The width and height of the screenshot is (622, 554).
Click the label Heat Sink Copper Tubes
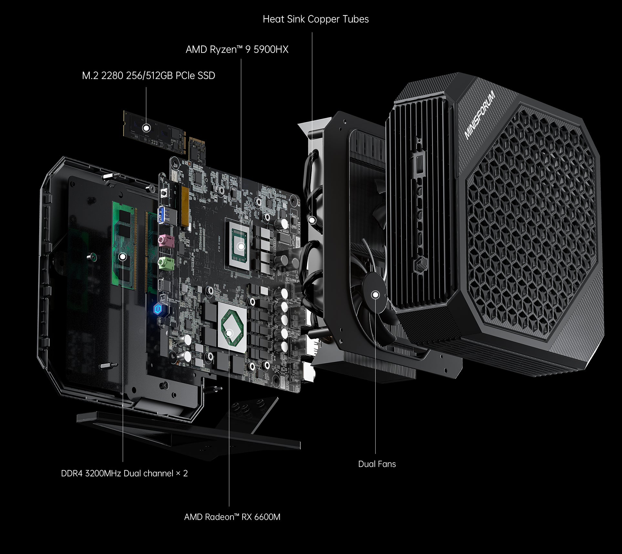point(316,19)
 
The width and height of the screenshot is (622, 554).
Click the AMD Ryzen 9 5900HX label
point(237,50)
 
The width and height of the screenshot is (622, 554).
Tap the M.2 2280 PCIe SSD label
point(148,76)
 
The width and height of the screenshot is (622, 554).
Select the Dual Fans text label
point(377,464)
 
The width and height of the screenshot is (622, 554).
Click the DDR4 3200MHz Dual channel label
point(124,474)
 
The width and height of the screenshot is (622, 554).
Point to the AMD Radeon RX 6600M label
point(232,517)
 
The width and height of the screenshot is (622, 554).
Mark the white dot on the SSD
point(146,128)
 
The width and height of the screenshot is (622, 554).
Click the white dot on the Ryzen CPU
point(241,246)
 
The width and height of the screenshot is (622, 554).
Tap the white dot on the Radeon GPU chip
point(229,333)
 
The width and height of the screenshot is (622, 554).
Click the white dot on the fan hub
point(375,294)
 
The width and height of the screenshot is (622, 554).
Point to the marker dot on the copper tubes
point(312,221)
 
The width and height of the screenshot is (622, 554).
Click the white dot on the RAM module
point(122,257)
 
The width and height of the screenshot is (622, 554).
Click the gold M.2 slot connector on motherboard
point(185,207)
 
